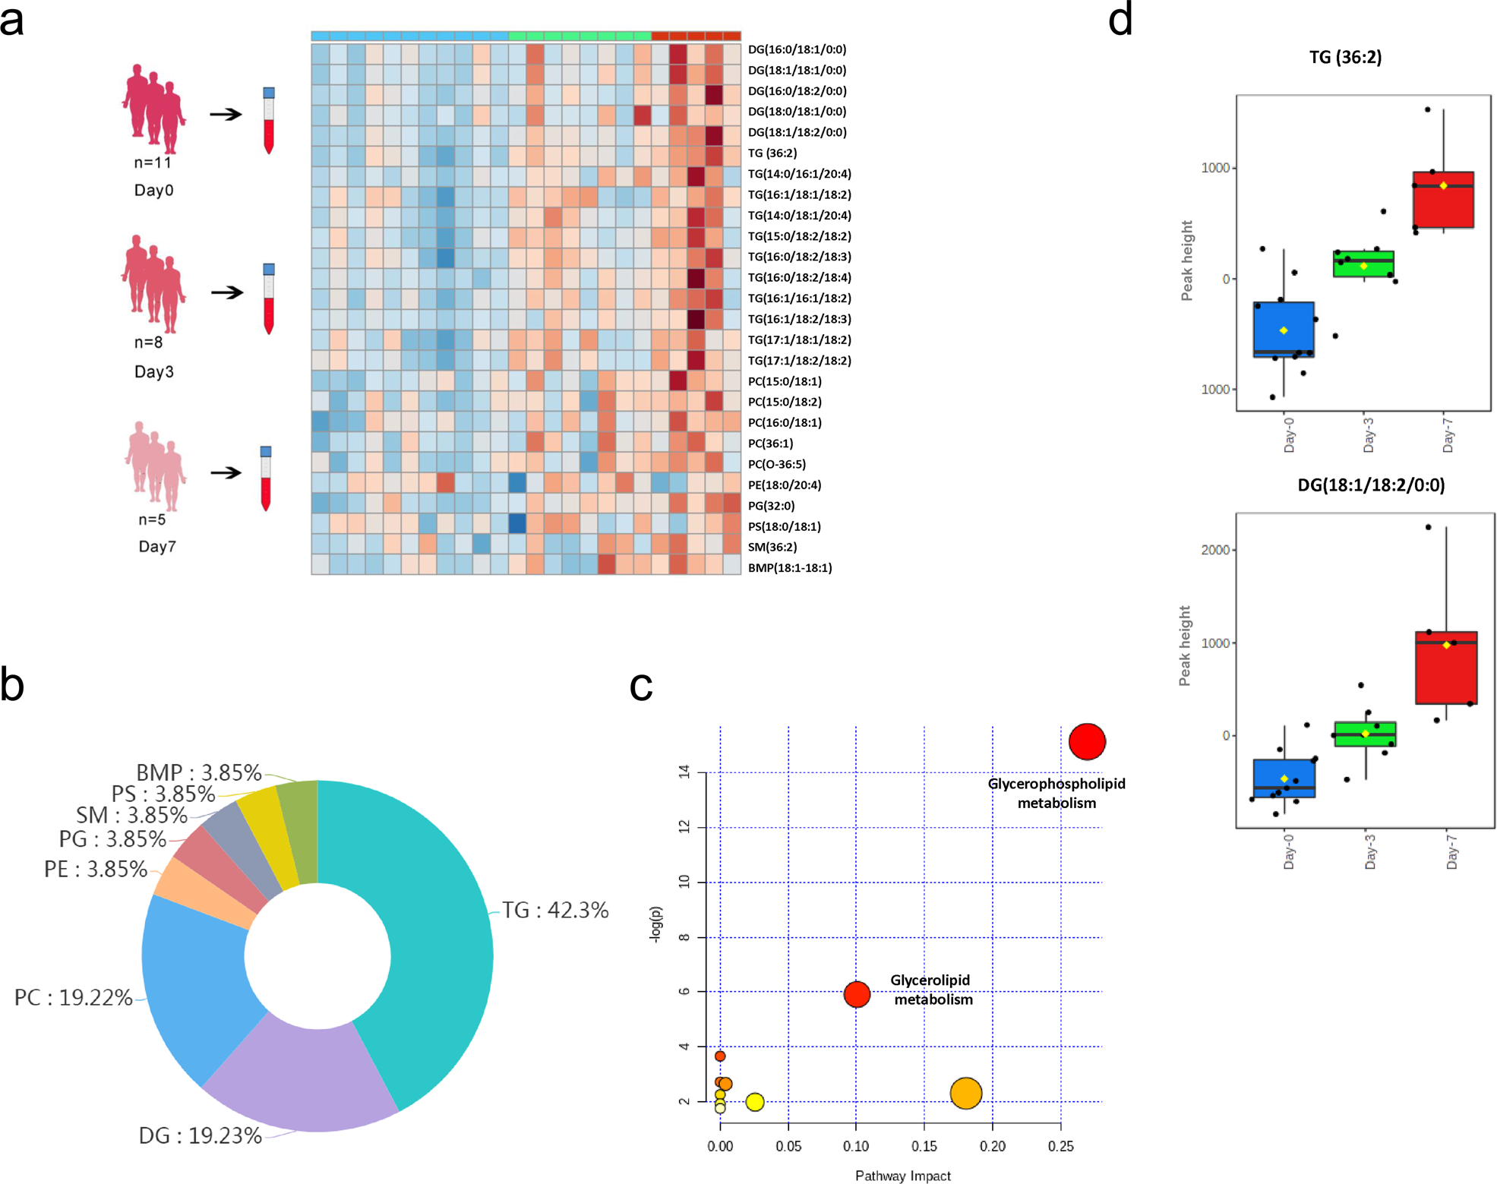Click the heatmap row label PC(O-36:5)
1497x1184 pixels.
coord(776,464)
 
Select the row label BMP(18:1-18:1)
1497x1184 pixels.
coord(789,568)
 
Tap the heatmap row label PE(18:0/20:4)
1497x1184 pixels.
coord(784,485)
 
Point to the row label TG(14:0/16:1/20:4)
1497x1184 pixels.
coord(799,174)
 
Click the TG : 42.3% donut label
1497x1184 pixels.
coord(555,910)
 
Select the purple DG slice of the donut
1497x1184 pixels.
coord(304,1078)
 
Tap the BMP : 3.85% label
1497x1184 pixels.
coord(198,772)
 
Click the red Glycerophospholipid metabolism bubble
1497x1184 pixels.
coord(1086,741)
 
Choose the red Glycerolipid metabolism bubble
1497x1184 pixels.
coord(857,993)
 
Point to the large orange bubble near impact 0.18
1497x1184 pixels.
coord(965,1093)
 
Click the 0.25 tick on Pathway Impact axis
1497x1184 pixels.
coord(1060,1146)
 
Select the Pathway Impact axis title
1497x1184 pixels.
coord(902,1176)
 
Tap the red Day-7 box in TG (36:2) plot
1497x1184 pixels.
coord(1443,200)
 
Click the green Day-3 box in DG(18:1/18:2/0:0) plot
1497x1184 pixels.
coord(1365,734)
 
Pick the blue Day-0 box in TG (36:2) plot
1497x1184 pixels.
coord(1284,329)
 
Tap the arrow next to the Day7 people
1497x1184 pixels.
coord(226,472)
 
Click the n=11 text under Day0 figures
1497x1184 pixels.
coord(153,163)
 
